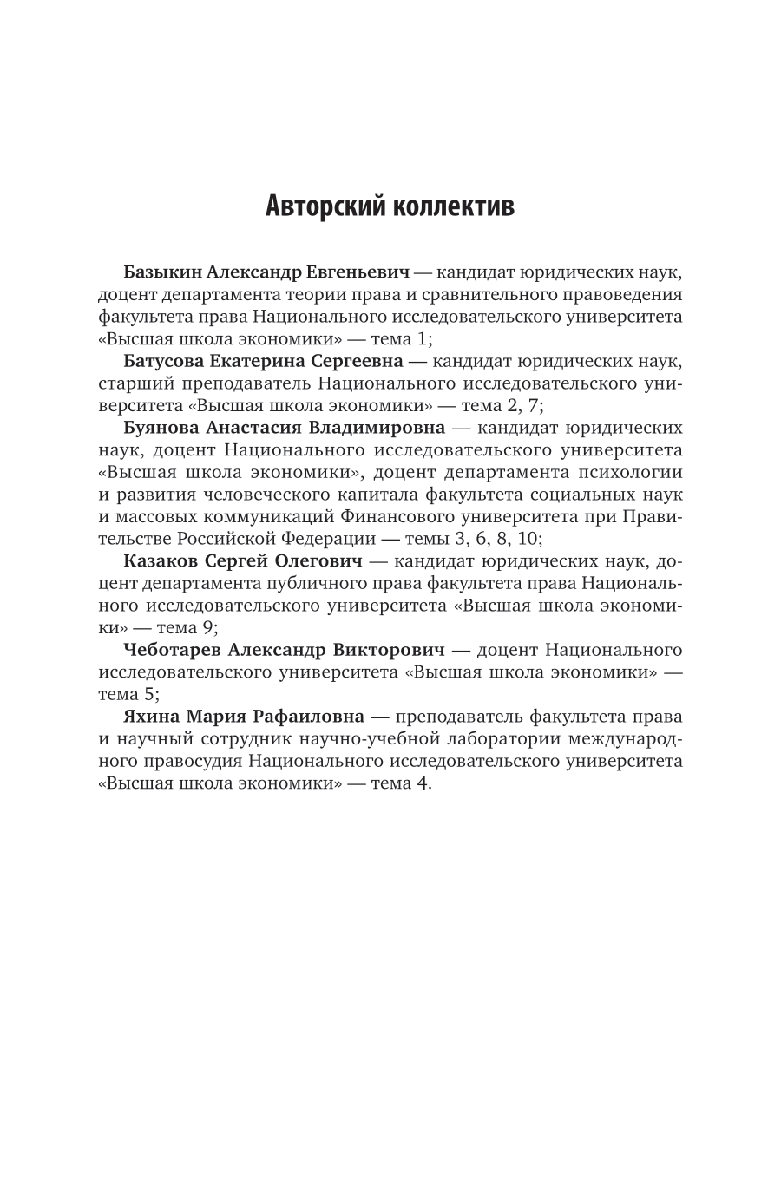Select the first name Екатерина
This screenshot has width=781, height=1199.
tap(258, 360)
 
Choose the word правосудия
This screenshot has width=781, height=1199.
tap(183, 761)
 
